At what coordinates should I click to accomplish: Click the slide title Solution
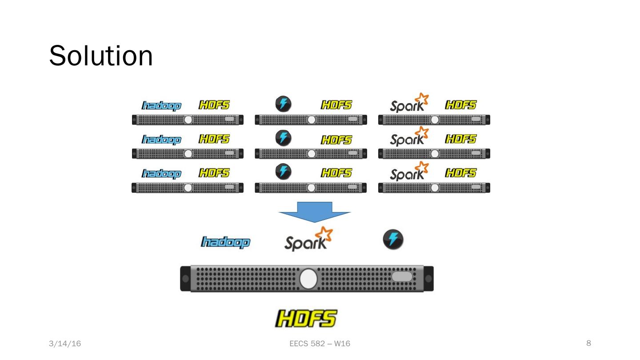pyautogui.click(x=101, y=56)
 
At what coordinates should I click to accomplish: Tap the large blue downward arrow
pyautogui.click(x=315, y=212)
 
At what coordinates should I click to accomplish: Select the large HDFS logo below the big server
pyautogui.click(x=306, y=319)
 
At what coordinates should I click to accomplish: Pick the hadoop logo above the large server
pyautogui.click(x=226, y=242)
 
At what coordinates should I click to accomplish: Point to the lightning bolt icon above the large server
pyautogui.click(x=393, y=240)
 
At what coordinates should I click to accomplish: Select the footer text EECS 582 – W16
pyautogui.click(x=320, y=344)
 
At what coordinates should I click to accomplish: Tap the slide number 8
pyautogui.click(x=589, y=343)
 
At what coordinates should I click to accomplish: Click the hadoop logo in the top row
pyautogui.click(x=162, y=105)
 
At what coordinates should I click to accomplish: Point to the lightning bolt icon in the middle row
pyautogui.click(x=284, y=138)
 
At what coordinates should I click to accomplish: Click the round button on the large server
pyautogui.click(x=308, y=279)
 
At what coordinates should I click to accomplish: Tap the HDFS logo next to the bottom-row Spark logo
pyautogui.click(x=460, y=172)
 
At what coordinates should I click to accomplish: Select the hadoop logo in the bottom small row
pyautogui.click(x=162, y=173)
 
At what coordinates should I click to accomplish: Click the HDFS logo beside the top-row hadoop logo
pyautogui.click(x=214, y=105)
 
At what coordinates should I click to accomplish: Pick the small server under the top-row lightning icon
pyautogui.click(x=311, y=120)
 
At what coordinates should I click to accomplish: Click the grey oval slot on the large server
pyautogui.click(x=402, y=276)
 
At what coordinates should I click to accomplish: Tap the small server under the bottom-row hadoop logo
pyautogui.click(x=188, y=188)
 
